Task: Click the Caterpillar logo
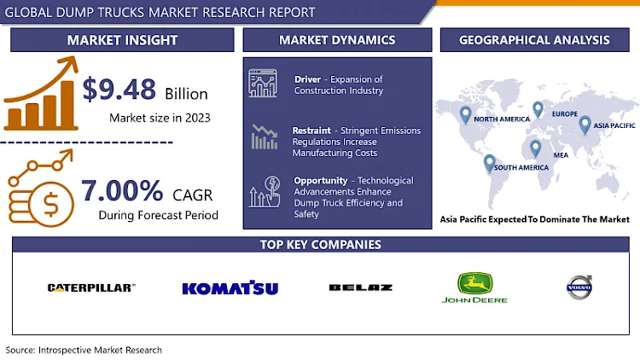pyautogui.click(x=90, y=287)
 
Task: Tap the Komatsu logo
pyautogui.click(x=230, y=288)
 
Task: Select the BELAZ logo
pyautogui.click(x=360, y=287)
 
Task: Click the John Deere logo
pyautogui.click(x=474, y=287)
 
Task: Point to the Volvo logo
pyautogui.click(x=579, y=287)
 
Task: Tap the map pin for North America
pyautogui.click(x=465, y=114)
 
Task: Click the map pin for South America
pyautogui.click(x=489, y=162)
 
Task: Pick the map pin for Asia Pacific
pyautogui.click(x=585, y=125)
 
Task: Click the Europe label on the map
pyautogui.click(x=564, y=114)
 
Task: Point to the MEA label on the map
pyautogui.click(x=560, y=156)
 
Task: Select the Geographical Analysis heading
pyautogui.click(x=534, y=39)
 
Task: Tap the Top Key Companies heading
pyautogui.click(x=320, y=245)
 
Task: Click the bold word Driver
pyautogui.click(x=307, y=79)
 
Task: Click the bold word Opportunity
pyautogui.click(x=319, y=181)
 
